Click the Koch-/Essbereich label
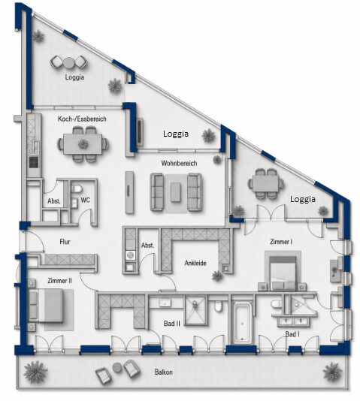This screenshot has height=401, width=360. click(x=82, y=119)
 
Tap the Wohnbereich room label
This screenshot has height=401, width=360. click(x=179, y=163)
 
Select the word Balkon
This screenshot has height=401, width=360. click(x=164, y=372)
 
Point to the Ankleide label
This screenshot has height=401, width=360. click(x=195, y=263)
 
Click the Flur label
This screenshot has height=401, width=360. click(x=65, y=242)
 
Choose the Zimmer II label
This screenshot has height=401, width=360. click(x=59, y=281)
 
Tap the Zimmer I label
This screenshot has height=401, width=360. click(x=281, y=242)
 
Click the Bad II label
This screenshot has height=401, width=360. click(x=172, y=324)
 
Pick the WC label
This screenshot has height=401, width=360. click(x=85, y=200)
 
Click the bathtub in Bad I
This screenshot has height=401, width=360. click(x=242, y=323)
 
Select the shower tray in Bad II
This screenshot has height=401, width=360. click(x=195, y=311)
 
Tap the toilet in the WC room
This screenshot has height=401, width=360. click(x=77, y=189)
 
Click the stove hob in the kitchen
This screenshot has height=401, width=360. click(x=34, y=162)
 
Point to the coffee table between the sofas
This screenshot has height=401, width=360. click(x=176, y=192)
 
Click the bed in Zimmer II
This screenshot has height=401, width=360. click(x=46, y=306)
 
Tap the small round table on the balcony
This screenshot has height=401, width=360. click(x=117, y=367)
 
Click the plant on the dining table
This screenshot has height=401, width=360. click(x=83, y=144)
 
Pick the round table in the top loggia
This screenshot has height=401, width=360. click(x=68, y=62)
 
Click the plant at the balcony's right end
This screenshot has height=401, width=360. click(x=332, y=372)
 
